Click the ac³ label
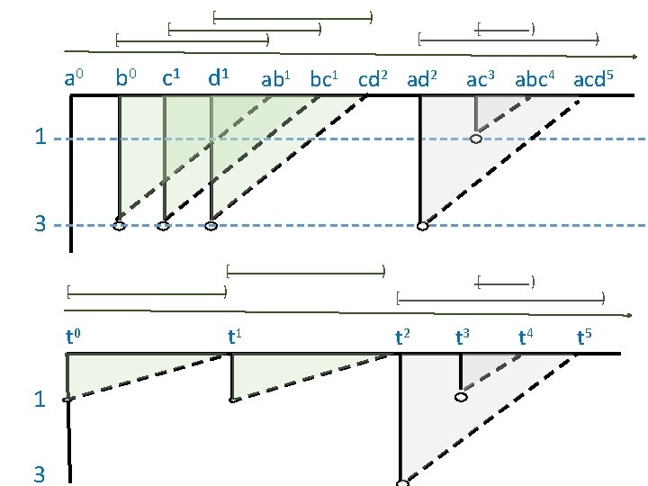tap(481, 79)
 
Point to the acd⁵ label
tap(594, 79)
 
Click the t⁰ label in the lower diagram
tap(74, 338)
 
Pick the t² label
tap(403, 338)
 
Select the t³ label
tap(463, 338)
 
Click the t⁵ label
tap(584, 338)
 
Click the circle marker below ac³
tap(476, 139)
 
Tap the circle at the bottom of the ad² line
tap(422, 226)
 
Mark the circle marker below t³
tap(461, 398)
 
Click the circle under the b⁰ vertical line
tap(119, 227)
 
